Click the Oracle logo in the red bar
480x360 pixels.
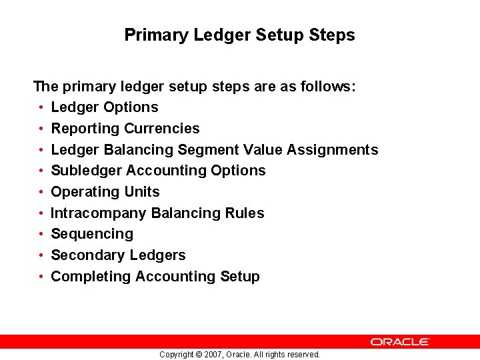click(x=400, y=341)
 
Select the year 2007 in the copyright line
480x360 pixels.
click(x=211, y=355)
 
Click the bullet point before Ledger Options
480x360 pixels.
click(x=41, y=107)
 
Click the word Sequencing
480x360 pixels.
click(x=92, y=234)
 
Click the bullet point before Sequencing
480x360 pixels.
click(x=41, y=234)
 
